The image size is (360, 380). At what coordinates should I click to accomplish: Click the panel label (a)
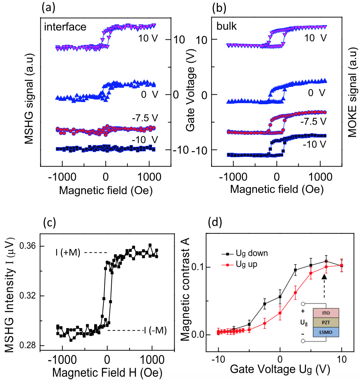point(48,7)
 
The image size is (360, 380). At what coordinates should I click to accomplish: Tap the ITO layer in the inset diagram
point(326,312)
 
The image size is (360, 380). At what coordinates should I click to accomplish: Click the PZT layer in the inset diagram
point(326,322)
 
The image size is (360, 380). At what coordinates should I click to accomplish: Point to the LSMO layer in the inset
point(326,332)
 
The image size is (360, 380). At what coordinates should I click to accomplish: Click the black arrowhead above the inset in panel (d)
point(324,276)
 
